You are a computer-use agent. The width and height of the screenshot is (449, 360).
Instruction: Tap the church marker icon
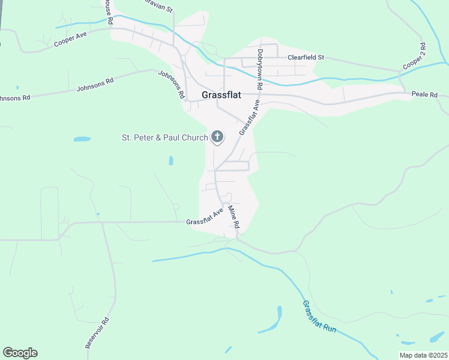(217, 137)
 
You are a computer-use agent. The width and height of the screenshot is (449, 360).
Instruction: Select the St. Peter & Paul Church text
(164, 137)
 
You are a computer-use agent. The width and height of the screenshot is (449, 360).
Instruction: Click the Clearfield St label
(306, 58)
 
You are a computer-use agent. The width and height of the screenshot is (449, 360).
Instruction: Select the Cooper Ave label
(70, 40)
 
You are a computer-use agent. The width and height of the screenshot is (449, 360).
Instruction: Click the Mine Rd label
(234, 217)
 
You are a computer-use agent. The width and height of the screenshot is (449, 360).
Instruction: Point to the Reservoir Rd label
(97, 333)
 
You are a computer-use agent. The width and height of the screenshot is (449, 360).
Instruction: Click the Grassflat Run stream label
(319, 316)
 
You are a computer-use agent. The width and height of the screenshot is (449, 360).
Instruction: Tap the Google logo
(20, 353)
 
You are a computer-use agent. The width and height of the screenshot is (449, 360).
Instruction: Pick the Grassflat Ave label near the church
(250, 118)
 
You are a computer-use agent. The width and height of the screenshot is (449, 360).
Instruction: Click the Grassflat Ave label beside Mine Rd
(205, 217)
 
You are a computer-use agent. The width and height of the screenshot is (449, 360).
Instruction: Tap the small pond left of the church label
(82, 139)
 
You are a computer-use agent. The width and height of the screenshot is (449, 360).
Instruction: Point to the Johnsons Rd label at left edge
(13, 98)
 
